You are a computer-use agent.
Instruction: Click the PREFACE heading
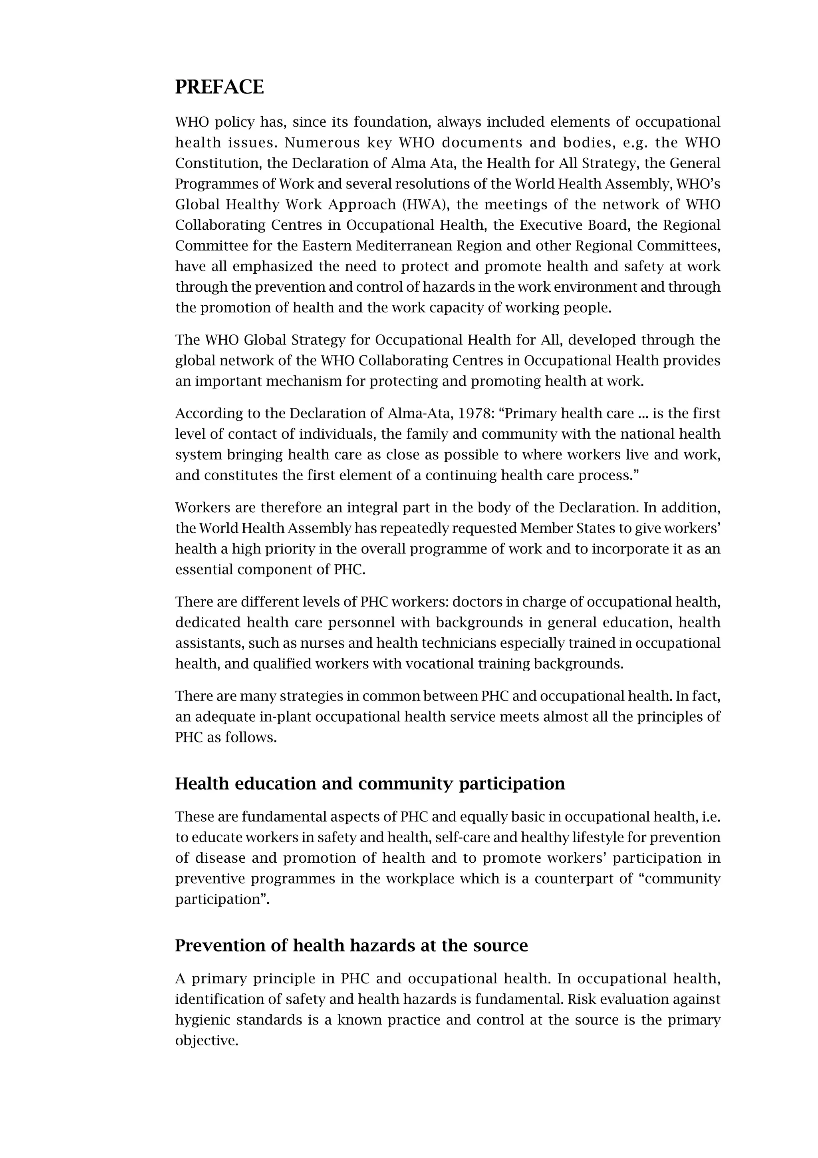pyautogui.click(x=219, y=87)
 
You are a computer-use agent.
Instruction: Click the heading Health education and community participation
pyautogui.click(x=370, y=784)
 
